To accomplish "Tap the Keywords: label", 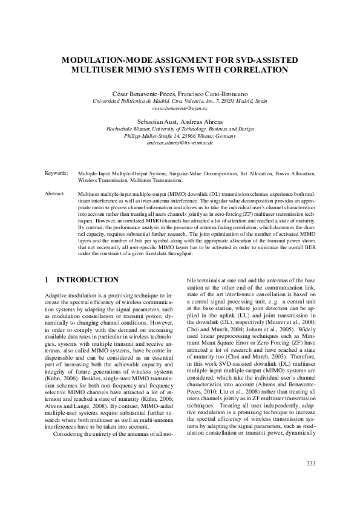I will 56,173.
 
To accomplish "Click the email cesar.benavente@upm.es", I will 180,108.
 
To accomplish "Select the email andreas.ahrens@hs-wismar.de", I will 180,143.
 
